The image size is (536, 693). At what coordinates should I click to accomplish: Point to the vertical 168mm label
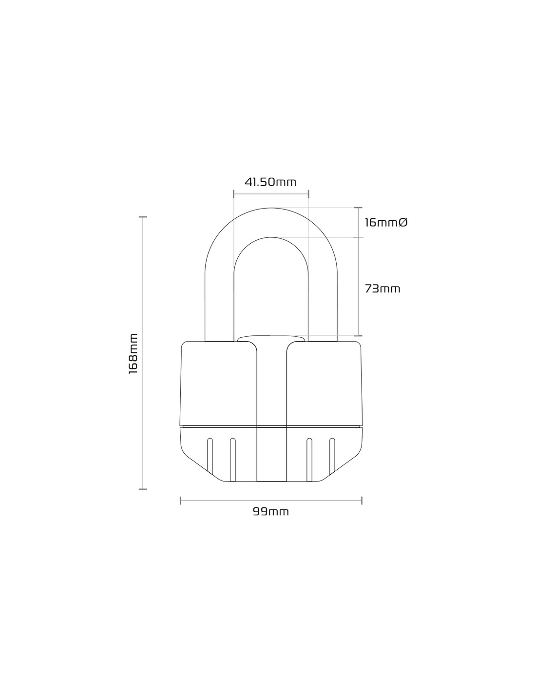(x=133, y=354)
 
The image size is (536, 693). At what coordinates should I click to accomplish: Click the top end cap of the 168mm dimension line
(x=143, y=217)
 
